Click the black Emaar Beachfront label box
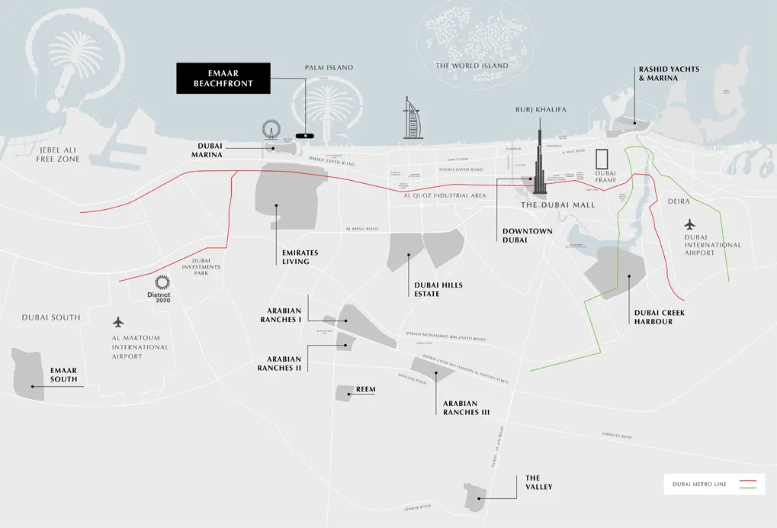[x=223, y=78]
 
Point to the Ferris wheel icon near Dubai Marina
[x=270, y=132]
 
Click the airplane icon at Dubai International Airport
[x=691, y=224]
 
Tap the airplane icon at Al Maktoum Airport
[x=117, y=322]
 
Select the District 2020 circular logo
[x=161, y=283]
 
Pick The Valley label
[x=538, y=482]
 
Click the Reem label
[x=366, y=390]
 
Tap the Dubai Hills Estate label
[x=438, y=289]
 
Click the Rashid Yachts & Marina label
[x=669, y=73]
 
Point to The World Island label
[x=471, y=66]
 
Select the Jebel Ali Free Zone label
[x=57, y=154]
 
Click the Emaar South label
[x=64, y=375]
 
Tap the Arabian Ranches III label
[x=466, y=407]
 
